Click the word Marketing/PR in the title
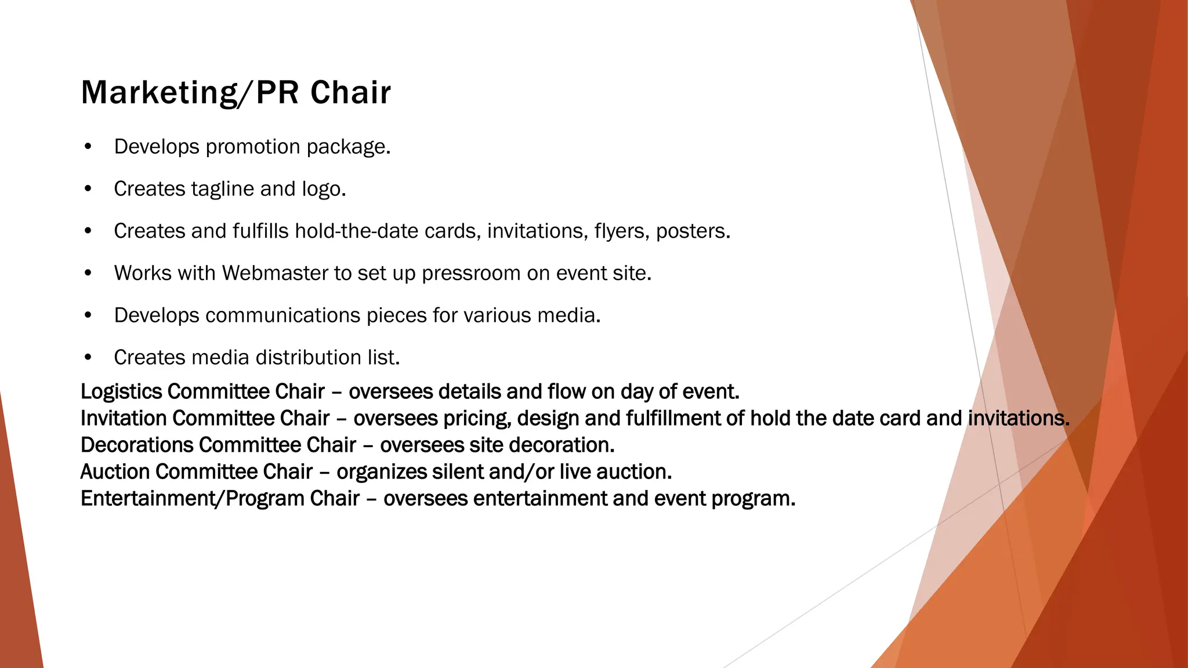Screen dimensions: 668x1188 (188, 93)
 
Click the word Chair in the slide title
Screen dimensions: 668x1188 (350, 93)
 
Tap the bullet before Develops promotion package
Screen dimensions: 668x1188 (88, 147)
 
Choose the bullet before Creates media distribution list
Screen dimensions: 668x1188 (88, 358)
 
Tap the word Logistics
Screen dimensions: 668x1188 (121, 392)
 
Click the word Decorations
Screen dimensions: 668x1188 (137, 445)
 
